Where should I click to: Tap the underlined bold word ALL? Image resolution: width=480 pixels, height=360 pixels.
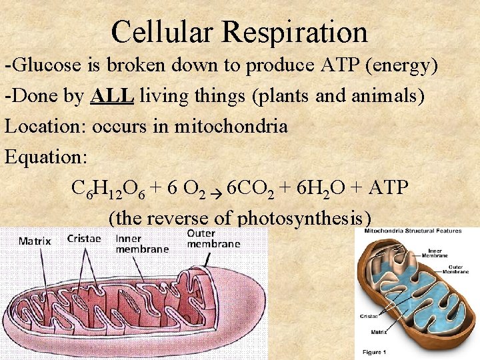coord(113,96)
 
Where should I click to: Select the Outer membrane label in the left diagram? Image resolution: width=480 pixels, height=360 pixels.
coord(213,239)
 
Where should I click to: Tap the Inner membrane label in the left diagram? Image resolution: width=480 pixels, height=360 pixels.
coord(141,243)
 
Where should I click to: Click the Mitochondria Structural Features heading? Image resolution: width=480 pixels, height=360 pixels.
coord(412,231)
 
